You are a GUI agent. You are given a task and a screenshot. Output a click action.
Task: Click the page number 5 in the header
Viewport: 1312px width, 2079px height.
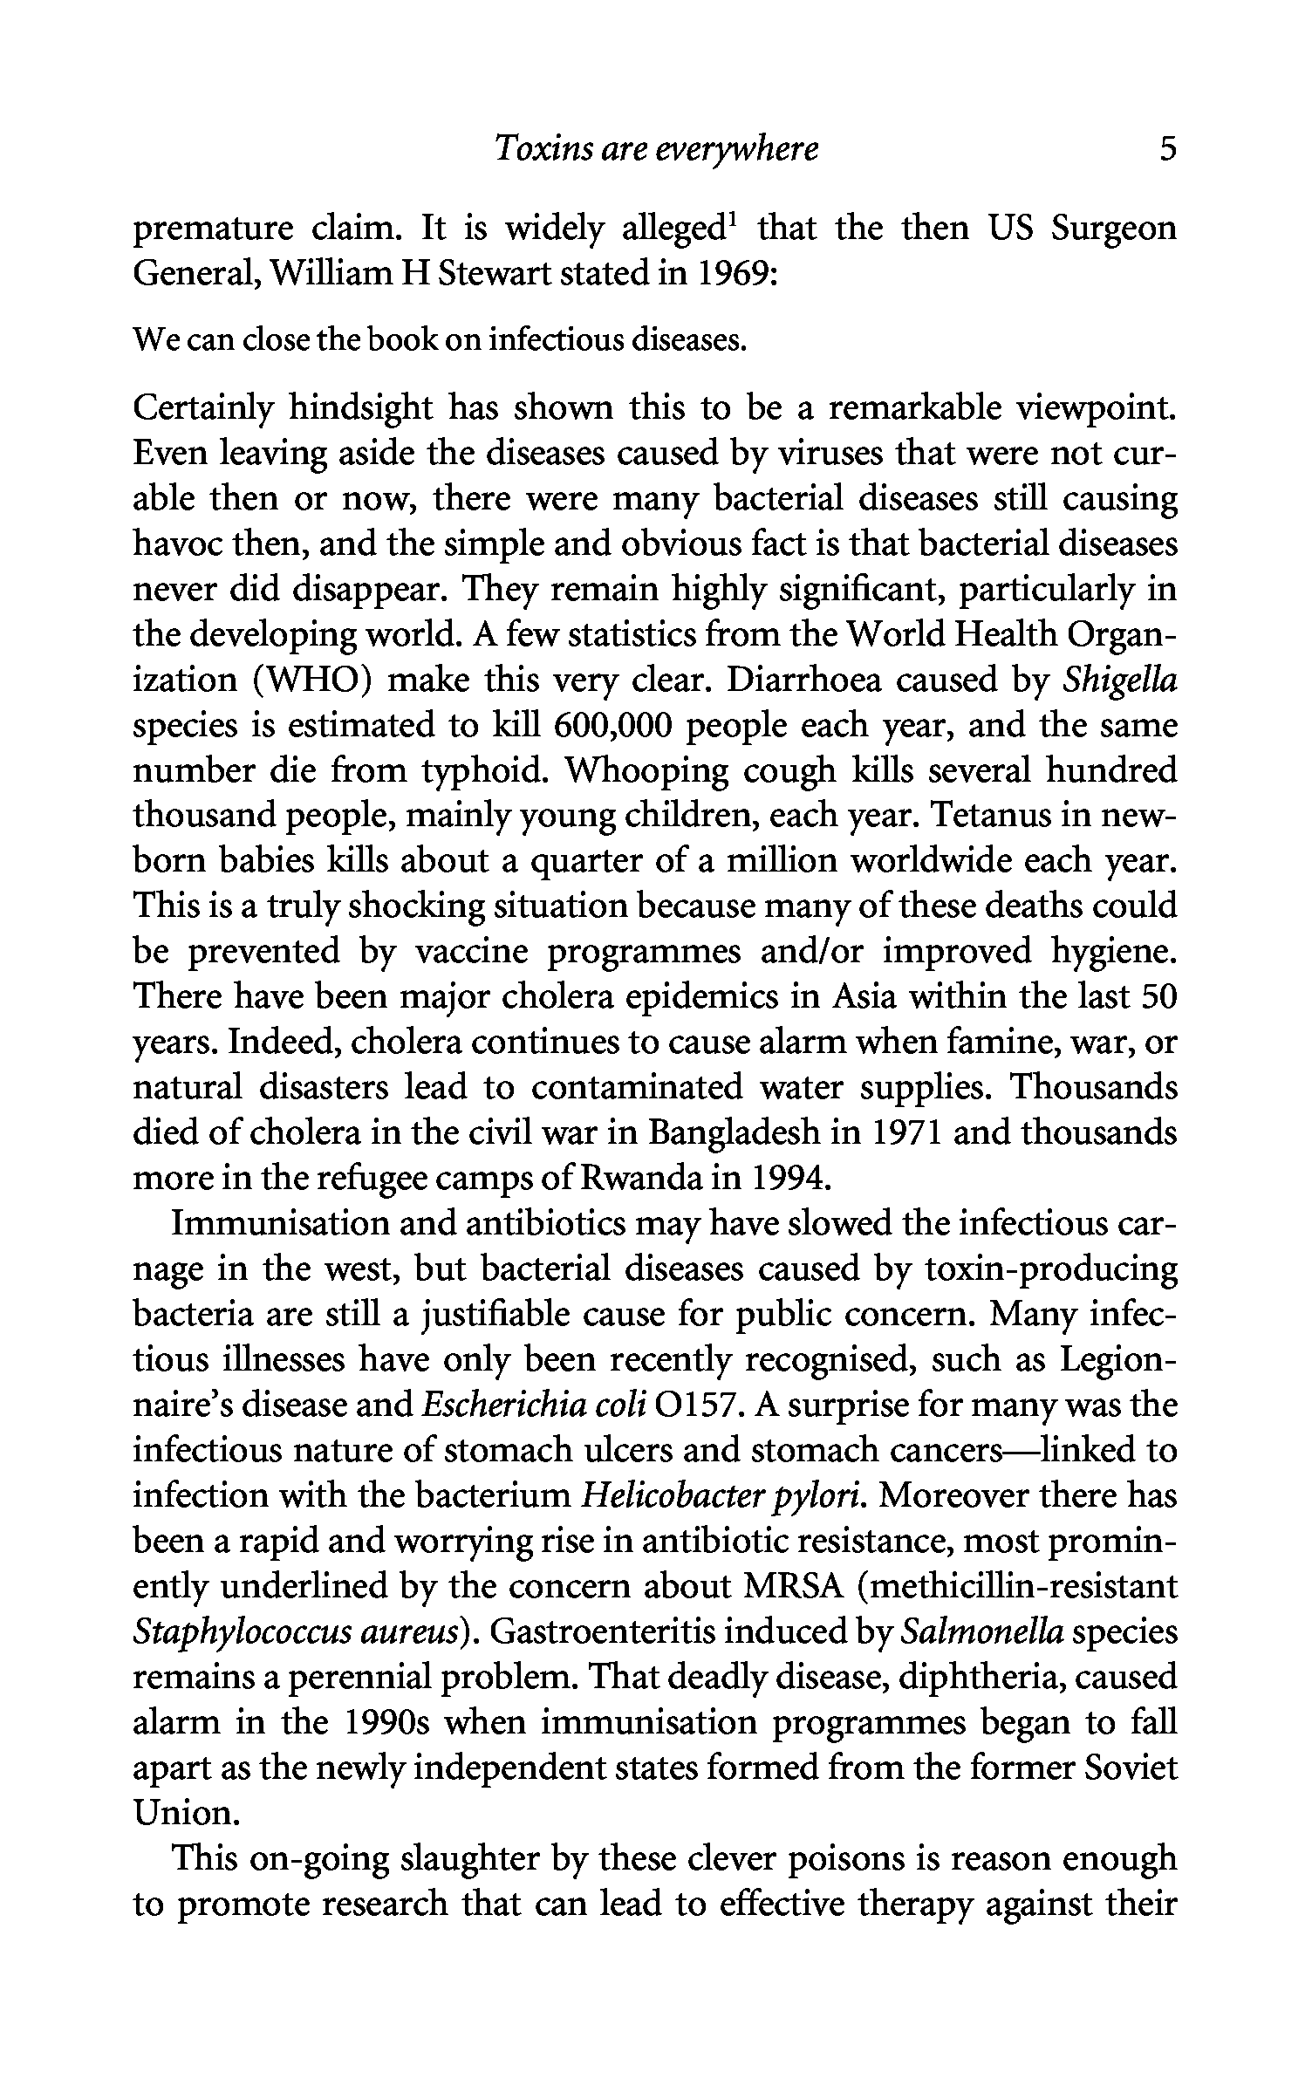1167,150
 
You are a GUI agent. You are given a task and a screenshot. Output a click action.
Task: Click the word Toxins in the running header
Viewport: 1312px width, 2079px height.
530,150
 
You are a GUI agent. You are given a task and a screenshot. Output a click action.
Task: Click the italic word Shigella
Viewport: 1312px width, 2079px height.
1120,680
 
